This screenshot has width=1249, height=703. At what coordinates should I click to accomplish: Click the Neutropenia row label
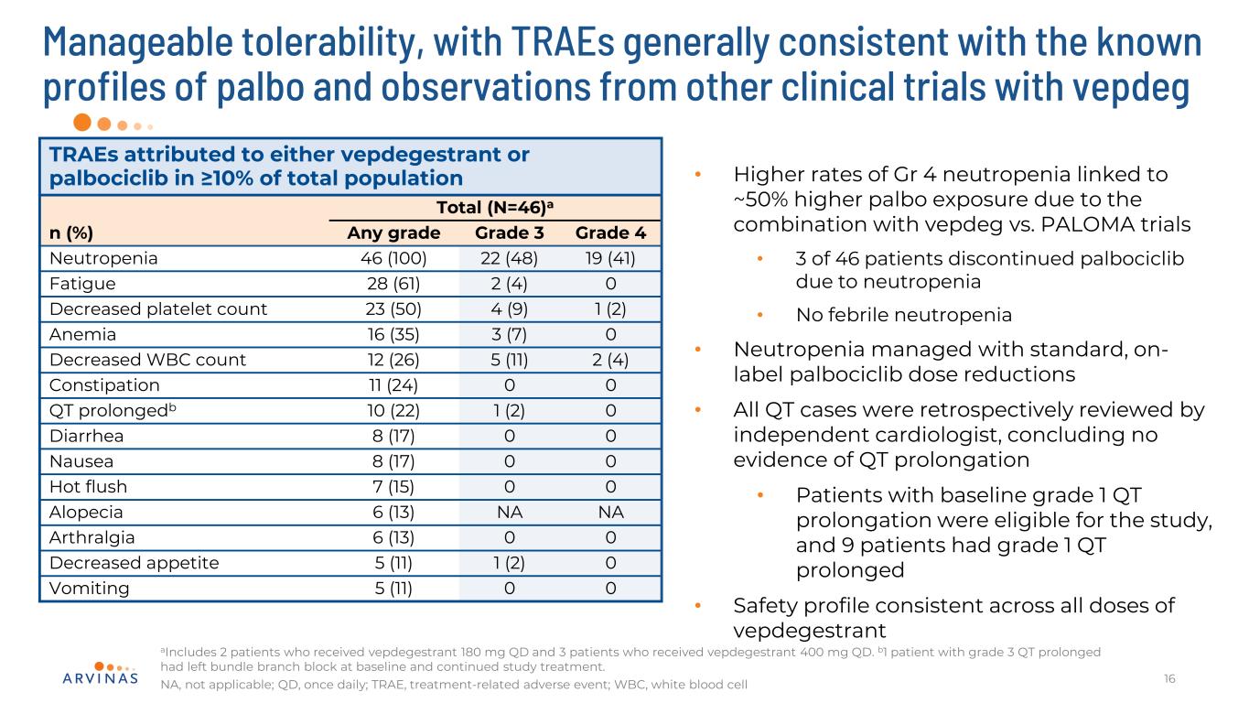pos(103,258)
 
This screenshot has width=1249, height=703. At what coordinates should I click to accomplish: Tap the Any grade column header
pos(393,233)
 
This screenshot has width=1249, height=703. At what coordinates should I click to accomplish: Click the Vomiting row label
pos(89,589)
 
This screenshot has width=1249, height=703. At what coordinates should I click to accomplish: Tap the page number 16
pos(1168,678)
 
